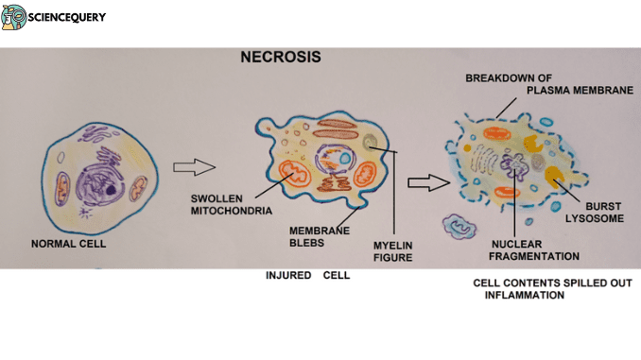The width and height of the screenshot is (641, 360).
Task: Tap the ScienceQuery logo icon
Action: pos(14,16)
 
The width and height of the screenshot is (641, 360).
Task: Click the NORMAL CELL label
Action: pos(67,244)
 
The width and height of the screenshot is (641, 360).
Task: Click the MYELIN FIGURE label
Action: pos(391,249)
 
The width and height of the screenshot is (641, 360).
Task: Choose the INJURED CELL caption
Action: pos(307,276)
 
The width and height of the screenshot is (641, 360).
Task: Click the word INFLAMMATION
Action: pos(524,296)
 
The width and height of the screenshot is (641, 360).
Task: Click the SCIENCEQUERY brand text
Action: pos(69,17)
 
